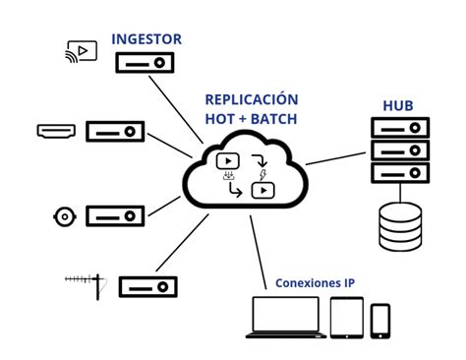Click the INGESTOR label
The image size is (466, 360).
(146, 39)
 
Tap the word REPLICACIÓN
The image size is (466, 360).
(251, 99)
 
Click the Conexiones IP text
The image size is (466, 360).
(316, 283)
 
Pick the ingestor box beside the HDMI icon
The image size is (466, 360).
(113, 130)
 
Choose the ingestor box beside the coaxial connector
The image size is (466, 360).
(114, 214)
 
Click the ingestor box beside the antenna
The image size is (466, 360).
(147, 286)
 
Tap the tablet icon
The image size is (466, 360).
(346, 316)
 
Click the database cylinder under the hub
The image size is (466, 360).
(400, 226)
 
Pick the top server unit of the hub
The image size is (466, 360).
(400, 128)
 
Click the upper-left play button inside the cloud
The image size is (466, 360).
(226, 160)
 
